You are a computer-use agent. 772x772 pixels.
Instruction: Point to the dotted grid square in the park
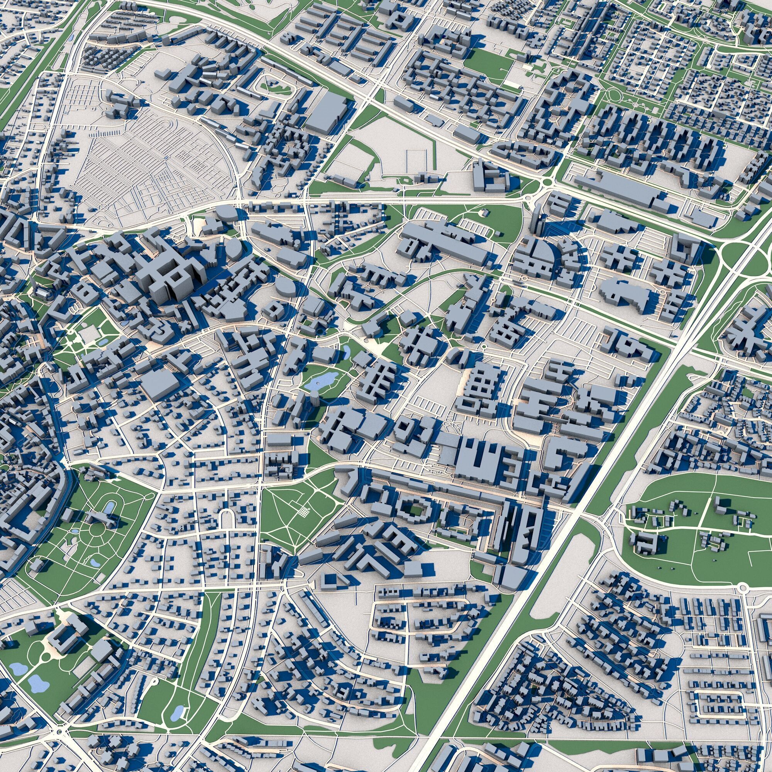(x=305, y=511)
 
